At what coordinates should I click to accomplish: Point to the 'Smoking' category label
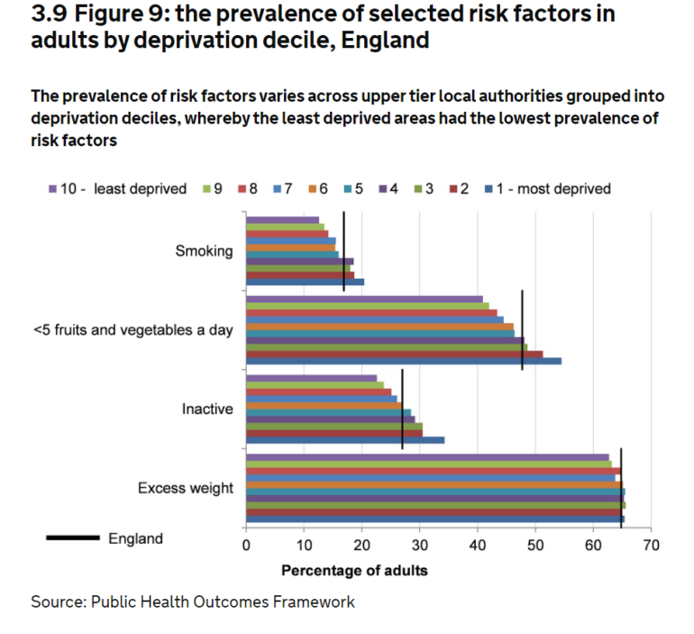(x=204, y=252)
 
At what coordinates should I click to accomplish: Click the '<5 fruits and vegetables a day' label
(x=133, y=330)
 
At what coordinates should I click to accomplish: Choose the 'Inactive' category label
(x=207, y=409)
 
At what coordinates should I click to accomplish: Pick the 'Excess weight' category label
(x=186, y=488)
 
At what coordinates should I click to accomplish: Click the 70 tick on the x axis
(x=652, y=545)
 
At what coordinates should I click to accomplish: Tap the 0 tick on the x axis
(x=246, y=545)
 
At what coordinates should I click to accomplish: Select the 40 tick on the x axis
(x=478, y=545)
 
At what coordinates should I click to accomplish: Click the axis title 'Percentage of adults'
(x=342, y=570)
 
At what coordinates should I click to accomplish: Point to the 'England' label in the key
(x=136, y=538)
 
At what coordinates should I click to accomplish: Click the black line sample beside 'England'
(x=73, y=538)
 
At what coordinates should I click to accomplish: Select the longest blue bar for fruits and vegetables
(x=403, y=361)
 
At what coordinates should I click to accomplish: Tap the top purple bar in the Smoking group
(x=282, y=220)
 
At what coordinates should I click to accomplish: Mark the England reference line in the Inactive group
(x=402, y=409)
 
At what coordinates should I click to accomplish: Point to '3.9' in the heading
(x=50, y=15)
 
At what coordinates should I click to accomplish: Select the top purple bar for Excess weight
(x=427, y=457)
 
